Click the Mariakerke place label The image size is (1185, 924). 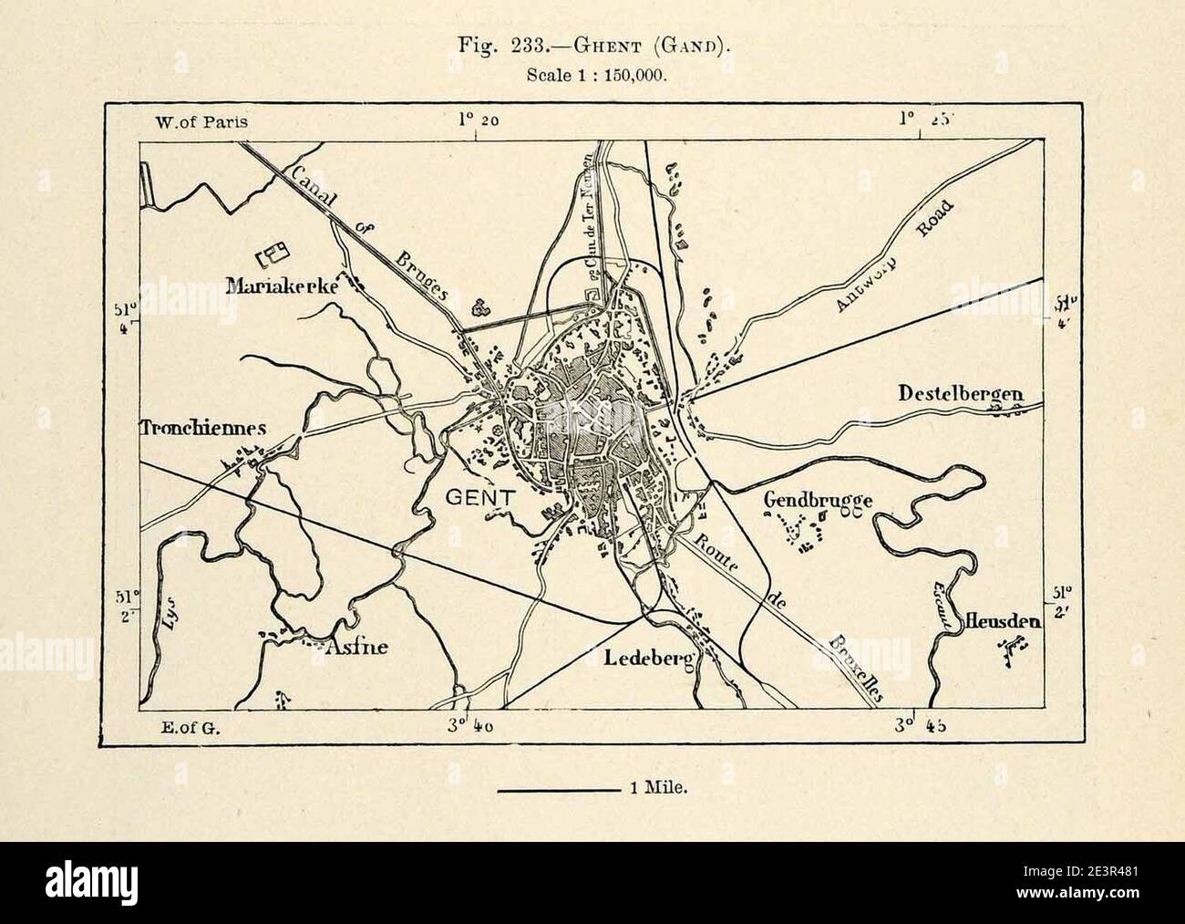[x=282, y=286]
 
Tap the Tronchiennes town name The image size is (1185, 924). [x=202, y=427]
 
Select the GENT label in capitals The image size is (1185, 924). [x=480, y=497]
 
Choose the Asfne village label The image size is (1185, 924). [x=356, y=648]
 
